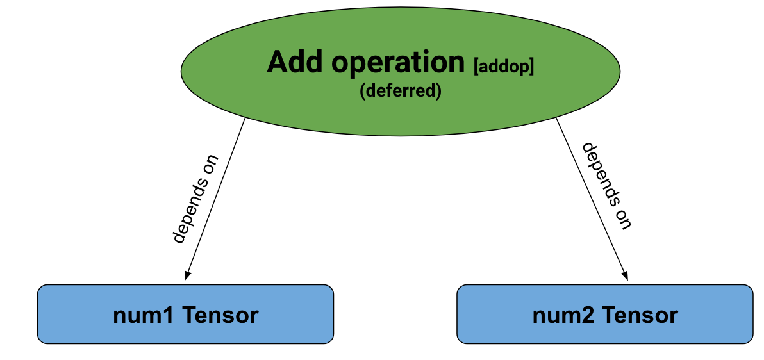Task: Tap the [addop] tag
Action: pos(503,65)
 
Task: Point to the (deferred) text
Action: pos(401,91)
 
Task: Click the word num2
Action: pos(563,315)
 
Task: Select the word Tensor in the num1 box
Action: pos(220,315)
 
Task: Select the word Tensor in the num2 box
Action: pos(639,315)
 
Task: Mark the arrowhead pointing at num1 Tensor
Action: pos(187,275)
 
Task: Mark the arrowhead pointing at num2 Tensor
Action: pos(624,275)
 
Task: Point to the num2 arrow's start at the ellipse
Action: pos(556,118)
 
